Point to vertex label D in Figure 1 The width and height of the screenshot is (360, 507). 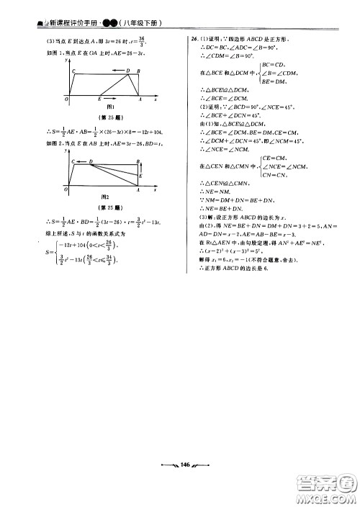(128, 71)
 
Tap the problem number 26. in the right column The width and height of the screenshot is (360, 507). (193, 37)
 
